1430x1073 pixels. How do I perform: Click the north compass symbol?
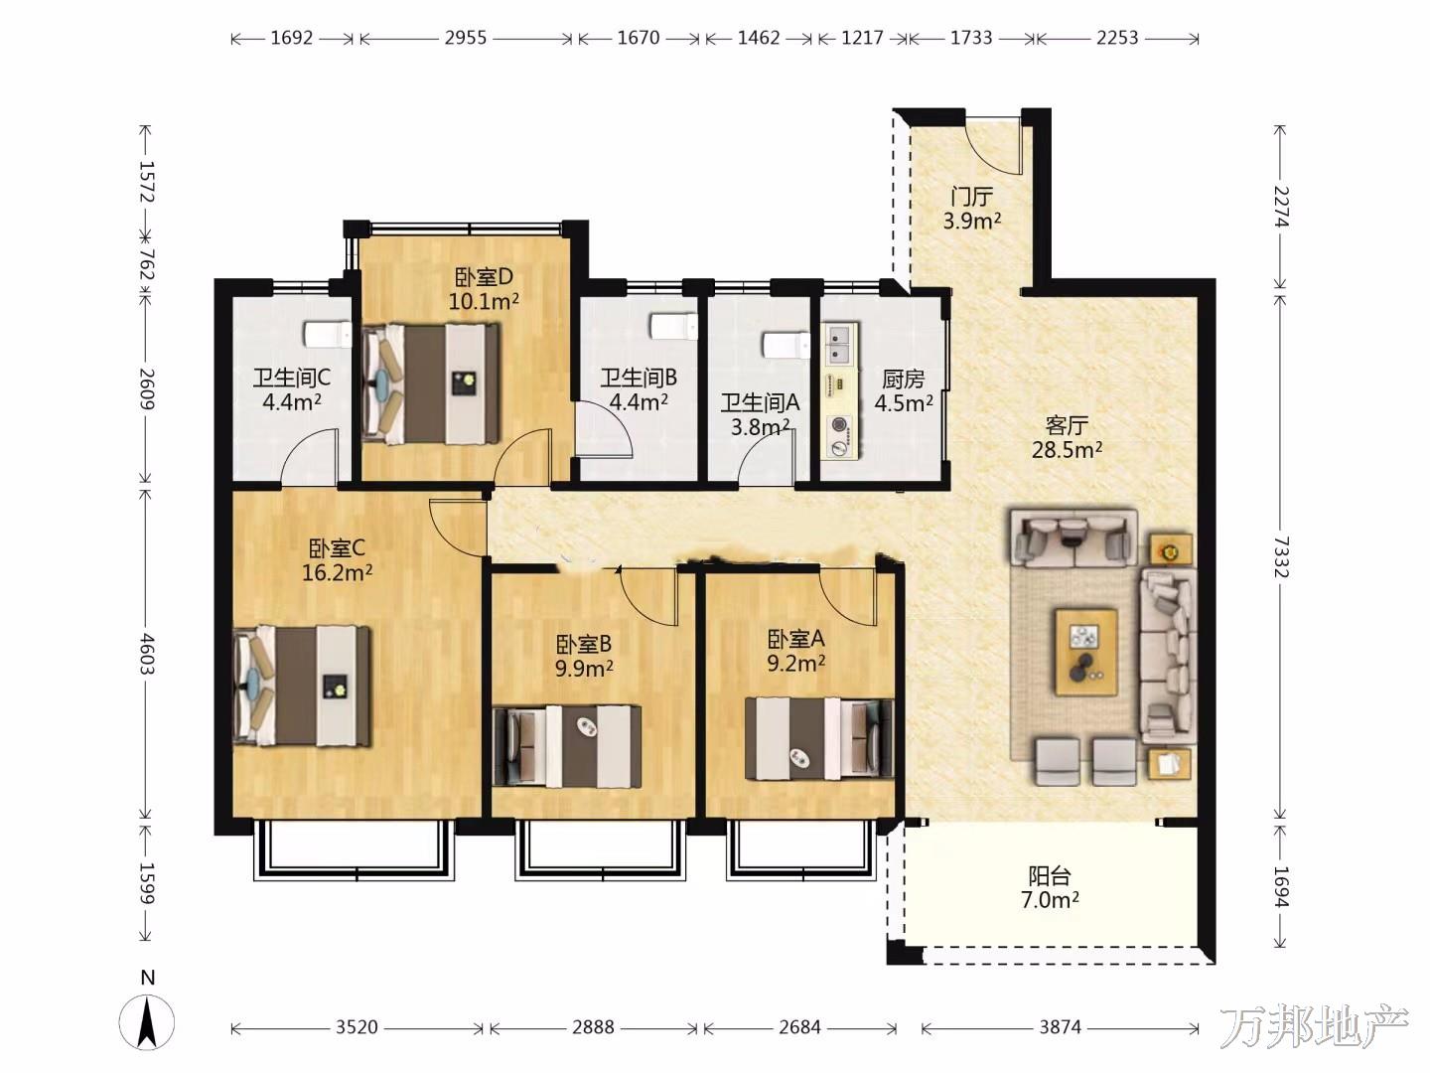pos(147,1021)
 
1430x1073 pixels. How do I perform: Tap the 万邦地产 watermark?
pos(1314,1026)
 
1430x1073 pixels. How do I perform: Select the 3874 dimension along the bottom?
pos(1060,1027)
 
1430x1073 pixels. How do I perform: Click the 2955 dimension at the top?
pos(466,38)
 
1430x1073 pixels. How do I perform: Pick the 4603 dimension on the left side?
pos(147,654)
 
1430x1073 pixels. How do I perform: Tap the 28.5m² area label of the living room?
pos(1067,449)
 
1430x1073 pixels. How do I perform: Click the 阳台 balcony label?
pos(1050,875)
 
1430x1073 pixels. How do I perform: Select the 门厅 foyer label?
pos(971,196)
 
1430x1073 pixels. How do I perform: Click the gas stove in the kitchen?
pos(838,436)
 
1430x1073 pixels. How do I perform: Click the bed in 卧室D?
pos(431,384)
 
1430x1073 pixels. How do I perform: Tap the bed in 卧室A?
pos(819,738)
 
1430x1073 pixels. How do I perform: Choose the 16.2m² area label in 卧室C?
pos(337,572)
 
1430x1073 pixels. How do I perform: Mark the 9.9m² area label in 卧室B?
pos(584,668)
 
